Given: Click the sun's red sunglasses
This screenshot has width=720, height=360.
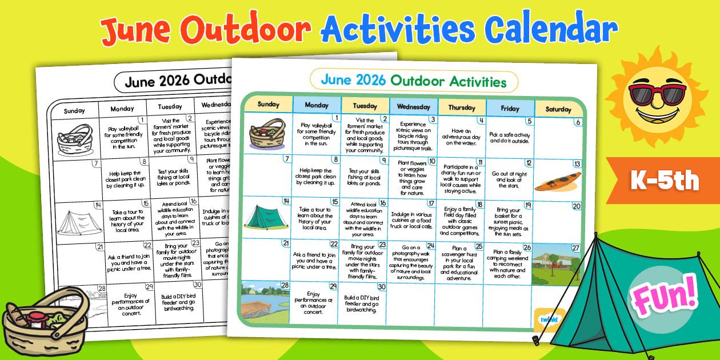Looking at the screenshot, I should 657,93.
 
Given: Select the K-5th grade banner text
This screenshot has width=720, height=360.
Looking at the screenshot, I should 665,181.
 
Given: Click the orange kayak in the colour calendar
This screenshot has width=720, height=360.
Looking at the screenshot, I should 558,181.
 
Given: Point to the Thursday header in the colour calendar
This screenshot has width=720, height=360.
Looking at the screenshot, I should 461,107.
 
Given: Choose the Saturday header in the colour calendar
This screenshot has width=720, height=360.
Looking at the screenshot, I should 558,109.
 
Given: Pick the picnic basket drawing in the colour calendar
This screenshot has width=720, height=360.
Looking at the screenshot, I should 267,135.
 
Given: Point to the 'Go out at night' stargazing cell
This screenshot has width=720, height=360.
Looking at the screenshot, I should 509,179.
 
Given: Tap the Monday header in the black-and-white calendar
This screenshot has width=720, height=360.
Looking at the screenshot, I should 122,109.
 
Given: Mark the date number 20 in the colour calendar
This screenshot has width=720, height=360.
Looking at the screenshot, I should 576,206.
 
